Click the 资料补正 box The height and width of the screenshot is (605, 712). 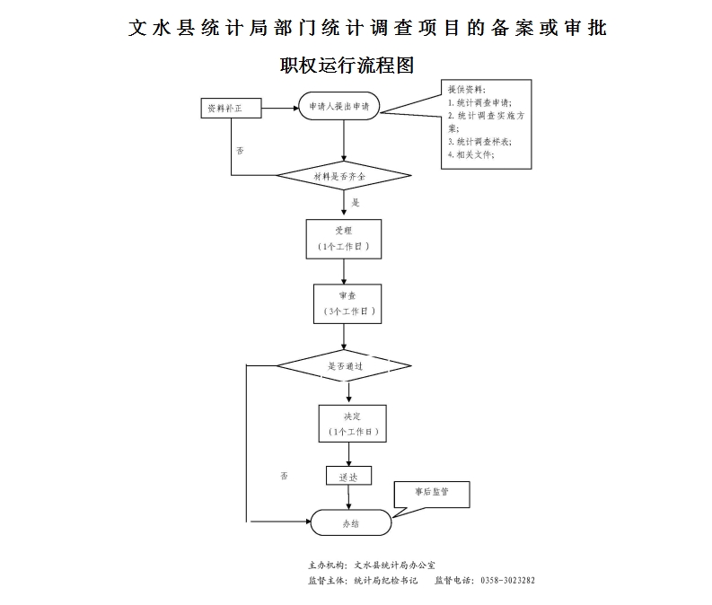(231, 110)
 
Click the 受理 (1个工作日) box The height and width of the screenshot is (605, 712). (344, 238)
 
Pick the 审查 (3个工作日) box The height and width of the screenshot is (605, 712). (347, 303)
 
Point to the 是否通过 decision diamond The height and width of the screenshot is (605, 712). (345, 366)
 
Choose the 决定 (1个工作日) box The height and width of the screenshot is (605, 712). (351, 423)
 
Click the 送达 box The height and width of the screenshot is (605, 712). (348, 477)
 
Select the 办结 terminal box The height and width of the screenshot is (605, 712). (350, 522)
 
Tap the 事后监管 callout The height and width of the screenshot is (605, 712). (432, 492)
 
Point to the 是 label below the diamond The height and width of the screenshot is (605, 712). (356, 203)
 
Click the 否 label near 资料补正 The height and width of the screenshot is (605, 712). (240, 150)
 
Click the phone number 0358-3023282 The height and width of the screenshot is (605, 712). (508, 580)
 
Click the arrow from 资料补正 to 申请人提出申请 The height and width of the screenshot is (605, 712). (279, 109)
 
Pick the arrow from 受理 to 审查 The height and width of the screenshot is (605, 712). (345, 271)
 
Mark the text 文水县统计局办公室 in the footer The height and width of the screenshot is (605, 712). (395, 566)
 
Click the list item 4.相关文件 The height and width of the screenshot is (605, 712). (471, 154)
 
